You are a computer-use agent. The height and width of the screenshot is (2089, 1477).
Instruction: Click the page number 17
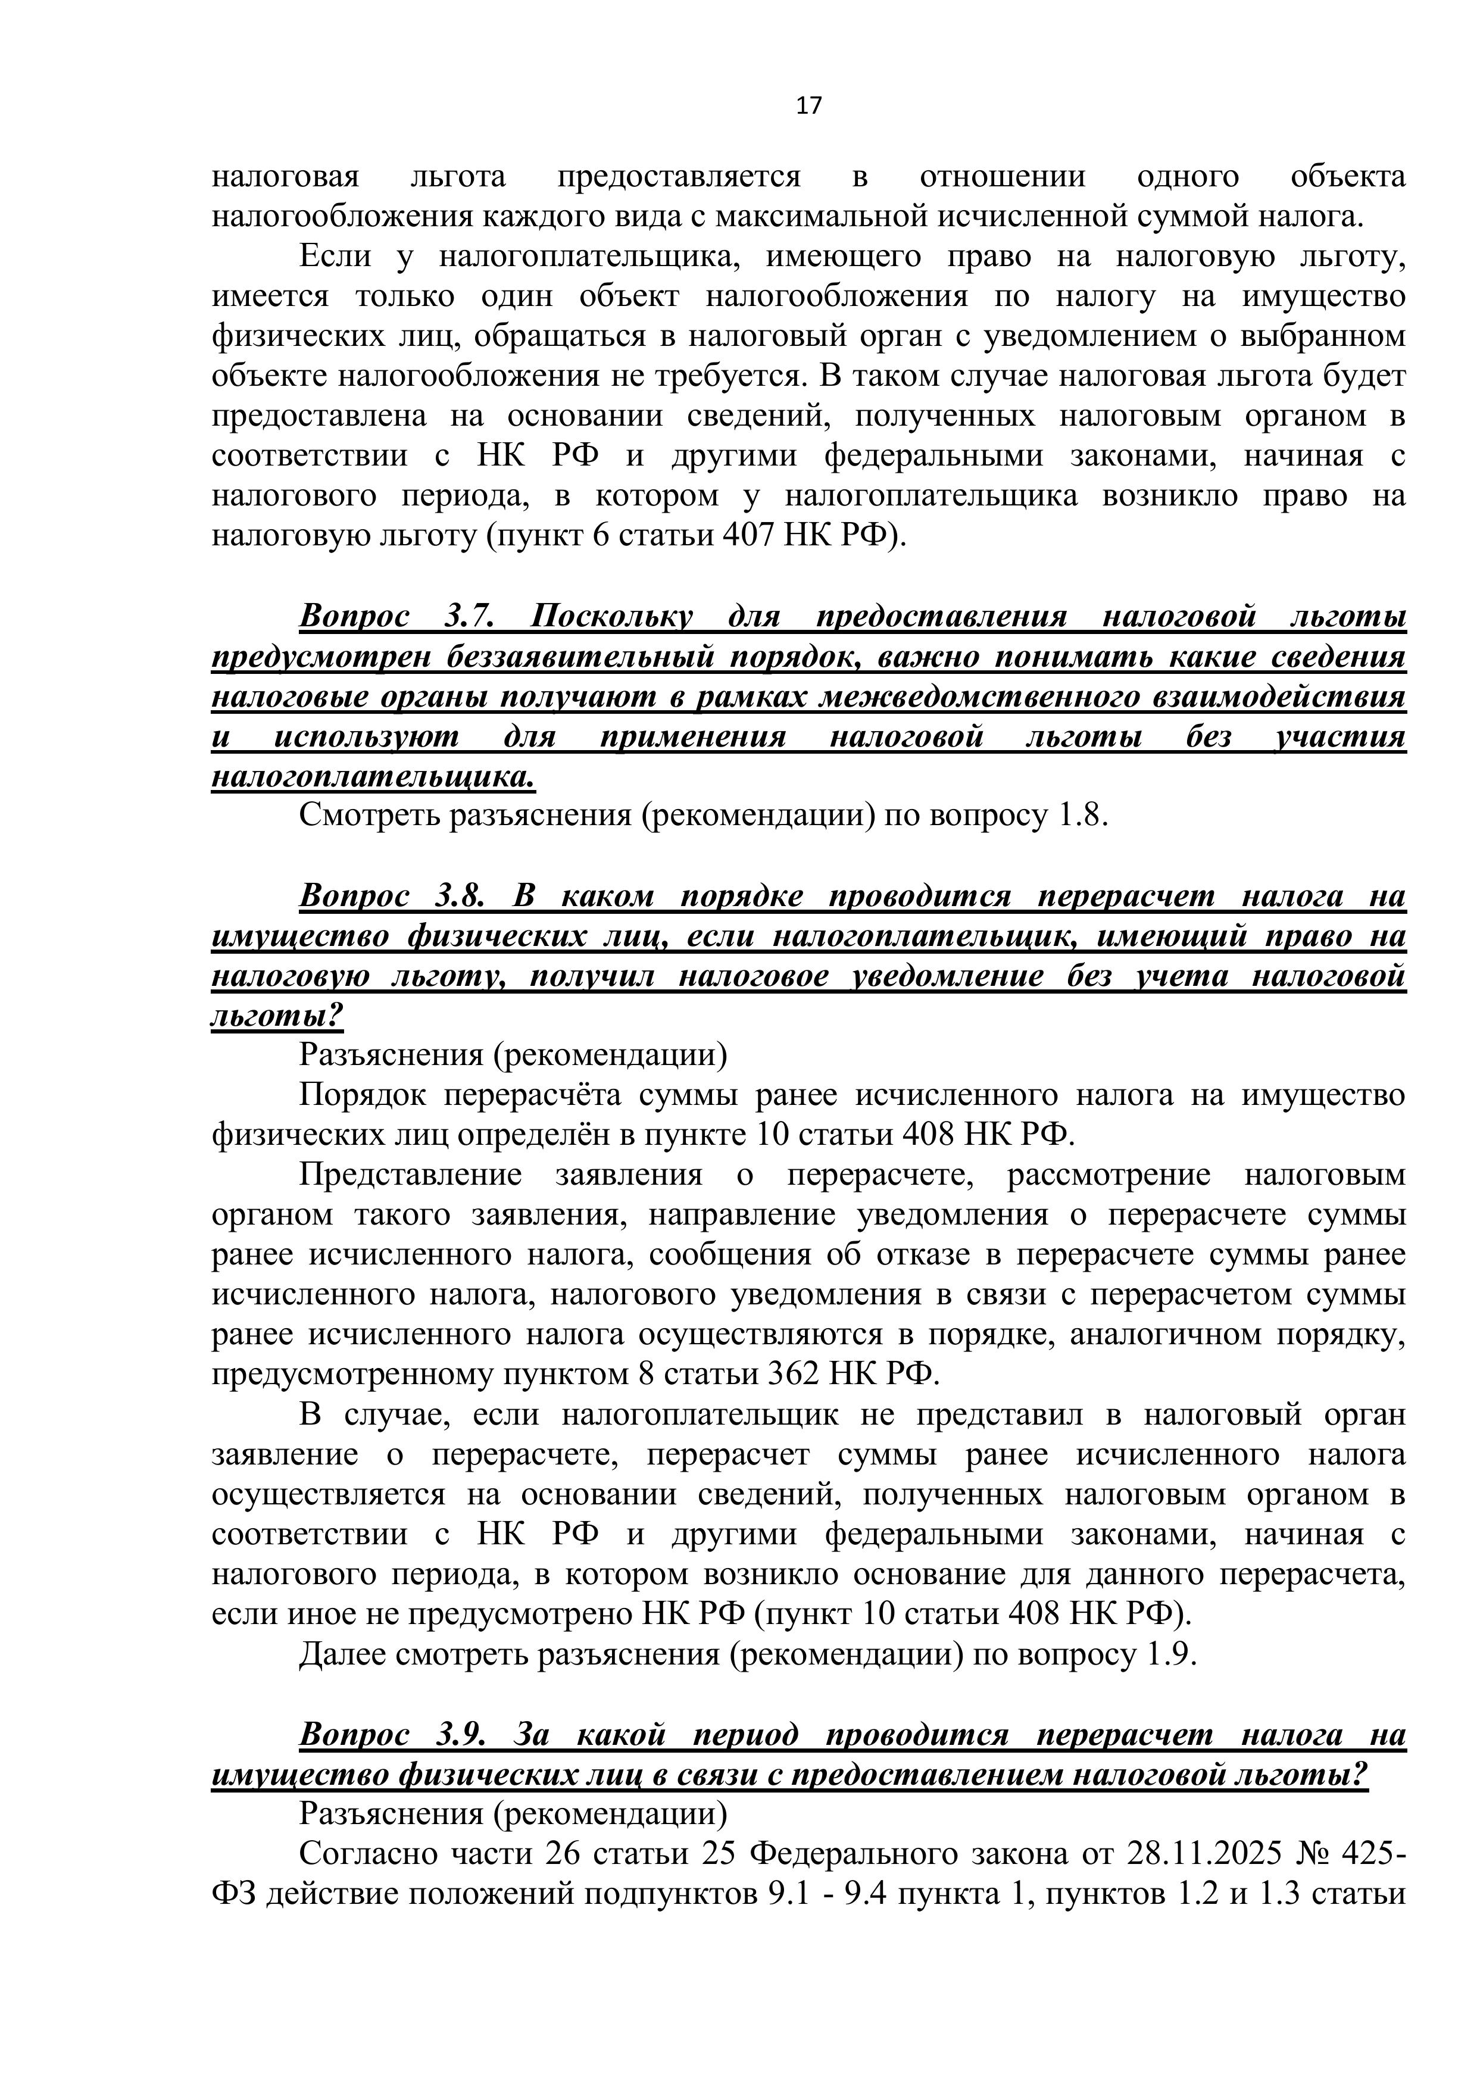[x=808, y=107]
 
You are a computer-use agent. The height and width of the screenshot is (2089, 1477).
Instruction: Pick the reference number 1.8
[x=1082, y=815]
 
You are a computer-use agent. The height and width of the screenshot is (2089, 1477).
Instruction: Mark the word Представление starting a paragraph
[x=410, y=1175]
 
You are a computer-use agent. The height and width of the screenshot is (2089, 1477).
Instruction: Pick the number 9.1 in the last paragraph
[x=786, y=1894]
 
